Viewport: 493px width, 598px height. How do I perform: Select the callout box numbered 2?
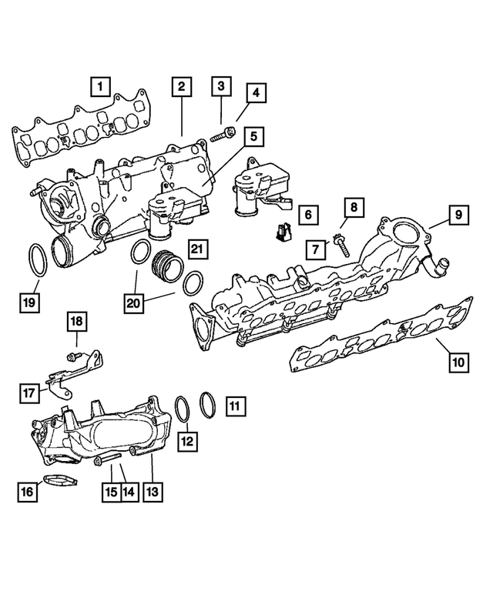[180, 86]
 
